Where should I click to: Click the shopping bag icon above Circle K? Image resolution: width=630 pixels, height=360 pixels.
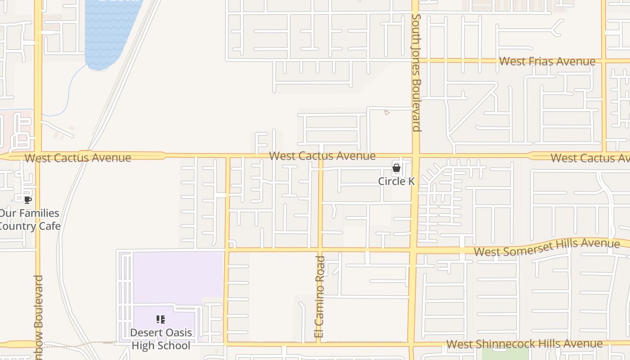point(396,168)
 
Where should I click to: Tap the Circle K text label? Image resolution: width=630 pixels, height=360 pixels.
point(396,181)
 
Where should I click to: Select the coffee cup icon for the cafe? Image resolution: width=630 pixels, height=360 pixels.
point(28,200)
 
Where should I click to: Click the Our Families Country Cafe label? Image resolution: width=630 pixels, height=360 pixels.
point(30,220)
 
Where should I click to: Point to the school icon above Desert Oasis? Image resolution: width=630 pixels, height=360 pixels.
point(161,319)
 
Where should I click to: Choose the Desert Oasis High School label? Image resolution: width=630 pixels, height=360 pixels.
point(161,339)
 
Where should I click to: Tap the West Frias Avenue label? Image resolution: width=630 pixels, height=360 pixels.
point(547,61)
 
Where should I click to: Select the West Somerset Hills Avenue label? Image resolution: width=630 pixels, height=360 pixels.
point(547,247)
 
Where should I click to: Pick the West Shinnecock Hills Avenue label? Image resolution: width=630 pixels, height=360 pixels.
point(524,344)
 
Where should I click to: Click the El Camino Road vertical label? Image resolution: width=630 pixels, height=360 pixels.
point(320,297)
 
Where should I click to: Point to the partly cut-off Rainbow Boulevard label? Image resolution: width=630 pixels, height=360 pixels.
point(39,315)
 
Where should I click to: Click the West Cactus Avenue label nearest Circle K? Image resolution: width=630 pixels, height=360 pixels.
point(322,156)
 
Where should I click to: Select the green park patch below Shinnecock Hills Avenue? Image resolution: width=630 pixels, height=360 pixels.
point(499,354)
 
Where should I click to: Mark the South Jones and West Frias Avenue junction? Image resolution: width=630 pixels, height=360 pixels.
point(415,60)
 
